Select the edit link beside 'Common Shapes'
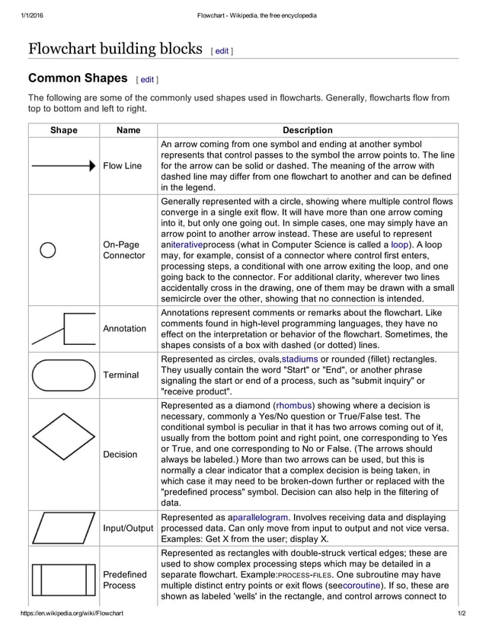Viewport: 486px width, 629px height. (x=147, y=79)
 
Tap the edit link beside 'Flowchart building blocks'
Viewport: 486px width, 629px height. (x=222, y=51)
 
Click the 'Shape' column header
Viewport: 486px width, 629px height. (x=64, y=130)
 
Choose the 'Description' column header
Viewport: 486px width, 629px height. (x=307, y=130)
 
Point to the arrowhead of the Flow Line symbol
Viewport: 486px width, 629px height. (x=92, y=165)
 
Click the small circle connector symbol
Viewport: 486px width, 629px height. (x=47, y=250)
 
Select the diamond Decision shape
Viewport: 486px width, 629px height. (x=64, y=438)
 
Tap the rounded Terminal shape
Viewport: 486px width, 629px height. (x=64, y=375)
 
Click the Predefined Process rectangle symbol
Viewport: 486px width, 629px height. (x=64, y=580)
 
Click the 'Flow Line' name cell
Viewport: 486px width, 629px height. (x=122, y=166)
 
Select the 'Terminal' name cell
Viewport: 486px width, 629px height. (x=120, y=375)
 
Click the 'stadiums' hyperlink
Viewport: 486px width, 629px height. (x=301, y=359)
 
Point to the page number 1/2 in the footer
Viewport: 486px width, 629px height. (x=461, y=613)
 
